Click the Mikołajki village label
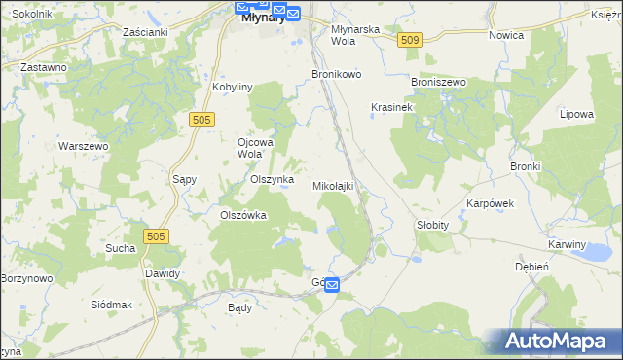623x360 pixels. (332, 185)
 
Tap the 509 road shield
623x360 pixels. (410, 39)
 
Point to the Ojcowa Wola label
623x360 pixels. (257, 147)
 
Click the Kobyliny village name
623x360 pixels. (233, 87)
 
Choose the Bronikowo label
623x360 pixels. (336, 74)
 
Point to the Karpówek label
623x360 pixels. (490, 204)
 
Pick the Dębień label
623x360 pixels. (532, 266)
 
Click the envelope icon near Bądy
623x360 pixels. (331, 285)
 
